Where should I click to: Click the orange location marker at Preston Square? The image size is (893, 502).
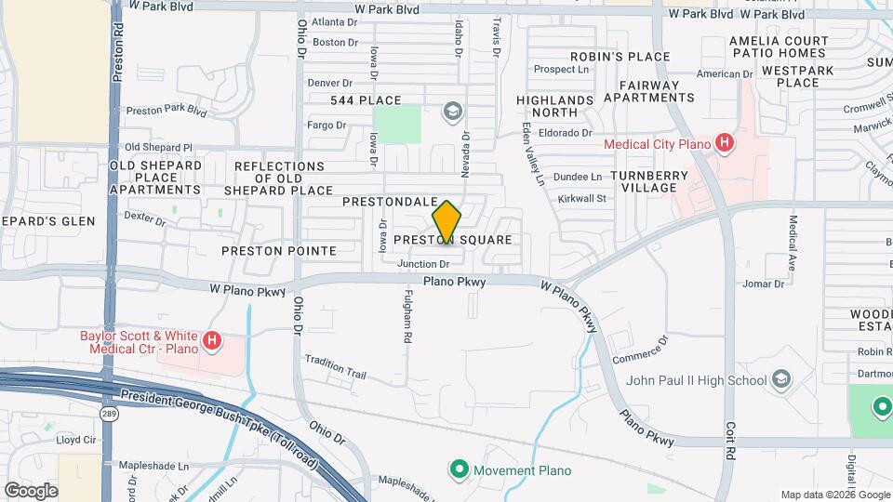point(446,222)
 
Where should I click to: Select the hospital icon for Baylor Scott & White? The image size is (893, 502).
point(212,341)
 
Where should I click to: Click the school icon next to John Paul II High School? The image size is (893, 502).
point(781,379)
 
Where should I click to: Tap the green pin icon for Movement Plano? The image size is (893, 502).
point(458,469)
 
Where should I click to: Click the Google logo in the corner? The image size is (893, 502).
point(31,490)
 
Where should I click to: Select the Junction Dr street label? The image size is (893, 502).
point(423,264)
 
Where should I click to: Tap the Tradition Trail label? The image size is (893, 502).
point(335,367)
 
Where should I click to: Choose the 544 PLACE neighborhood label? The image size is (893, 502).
point(366,100)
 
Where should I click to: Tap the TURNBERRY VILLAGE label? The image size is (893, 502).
point(649,181)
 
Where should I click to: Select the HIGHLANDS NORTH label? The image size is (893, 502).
point(554,106)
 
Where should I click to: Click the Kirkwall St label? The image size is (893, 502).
point(581,198)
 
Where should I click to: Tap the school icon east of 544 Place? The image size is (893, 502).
point(452,112)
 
